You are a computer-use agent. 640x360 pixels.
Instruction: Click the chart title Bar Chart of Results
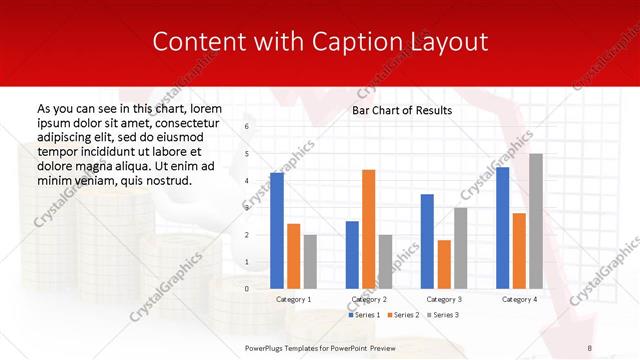coord(402,110)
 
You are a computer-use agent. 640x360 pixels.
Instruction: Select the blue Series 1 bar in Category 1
coord(277,230)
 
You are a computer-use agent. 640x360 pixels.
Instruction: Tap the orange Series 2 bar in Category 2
coord(368,229)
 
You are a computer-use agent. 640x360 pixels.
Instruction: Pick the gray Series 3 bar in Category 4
coord(536,221)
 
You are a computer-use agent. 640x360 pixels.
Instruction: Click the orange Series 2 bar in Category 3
coord(444,264)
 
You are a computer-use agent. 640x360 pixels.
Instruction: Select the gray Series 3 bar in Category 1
coord(310,261)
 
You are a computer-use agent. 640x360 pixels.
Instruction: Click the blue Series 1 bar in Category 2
coord(352,254)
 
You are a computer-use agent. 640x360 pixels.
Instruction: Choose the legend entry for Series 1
coord(363,315)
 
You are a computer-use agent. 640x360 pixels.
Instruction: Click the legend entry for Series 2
coord(404,315)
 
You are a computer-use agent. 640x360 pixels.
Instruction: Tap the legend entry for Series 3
coord(444,315)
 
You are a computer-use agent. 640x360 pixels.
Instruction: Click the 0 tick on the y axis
coord(248,288)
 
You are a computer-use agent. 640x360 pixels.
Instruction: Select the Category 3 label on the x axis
coord(444,299)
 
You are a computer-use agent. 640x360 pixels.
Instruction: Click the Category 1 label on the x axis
coord(294,299)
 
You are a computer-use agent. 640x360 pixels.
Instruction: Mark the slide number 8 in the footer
coord(590,347)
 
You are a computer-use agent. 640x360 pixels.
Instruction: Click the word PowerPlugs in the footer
coord(268,347)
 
